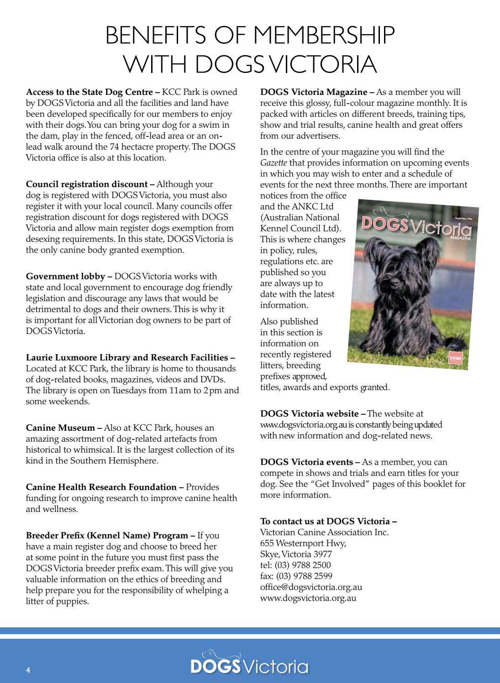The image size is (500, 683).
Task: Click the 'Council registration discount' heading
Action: point(90,185)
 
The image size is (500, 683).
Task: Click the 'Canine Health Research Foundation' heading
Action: point(101,487)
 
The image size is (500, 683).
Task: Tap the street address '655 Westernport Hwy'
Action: point(303,543)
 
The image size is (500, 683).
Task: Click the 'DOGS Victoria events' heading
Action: point(307,462)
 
